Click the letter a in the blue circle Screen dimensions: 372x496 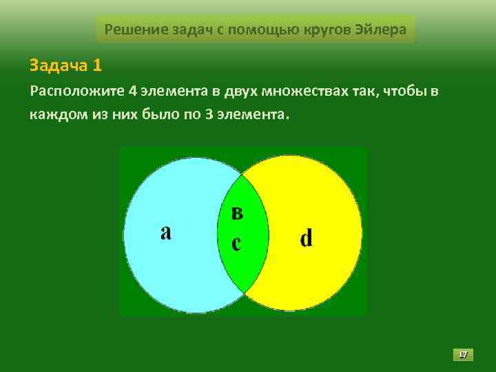click(166, 232)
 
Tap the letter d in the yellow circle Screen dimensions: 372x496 click(307, 238)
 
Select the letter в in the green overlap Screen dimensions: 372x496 click(237, 214)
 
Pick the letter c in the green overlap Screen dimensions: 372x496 click(236, 243)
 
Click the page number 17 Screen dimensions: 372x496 click(463, 354)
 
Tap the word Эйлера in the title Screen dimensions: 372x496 click(382, 30)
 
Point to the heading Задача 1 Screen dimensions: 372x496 click(66, 65)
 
